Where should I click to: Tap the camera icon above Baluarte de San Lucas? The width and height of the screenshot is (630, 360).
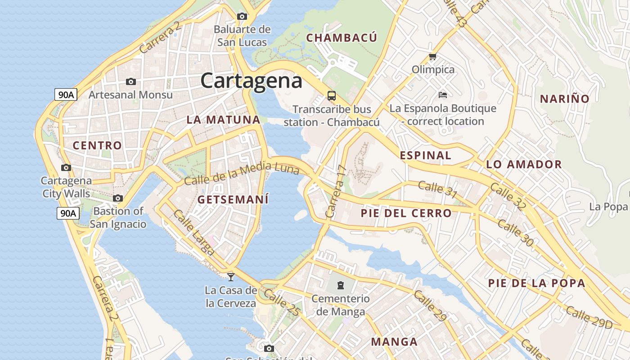(242, 17)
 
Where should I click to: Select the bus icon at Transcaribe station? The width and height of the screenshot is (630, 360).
(332, 95)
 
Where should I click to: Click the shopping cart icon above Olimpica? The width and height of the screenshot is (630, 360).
(433, 56)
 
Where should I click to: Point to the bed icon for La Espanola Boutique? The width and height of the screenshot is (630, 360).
(443, 94)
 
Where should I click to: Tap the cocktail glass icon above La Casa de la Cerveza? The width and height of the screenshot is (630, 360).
(231, 277)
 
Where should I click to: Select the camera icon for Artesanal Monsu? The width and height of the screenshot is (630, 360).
(131, 81)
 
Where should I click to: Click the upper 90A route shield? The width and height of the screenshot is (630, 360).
(66, 94)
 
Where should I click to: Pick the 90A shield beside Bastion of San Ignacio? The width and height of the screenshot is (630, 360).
(68, 213)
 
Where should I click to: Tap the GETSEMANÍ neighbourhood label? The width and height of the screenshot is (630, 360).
(233, 199)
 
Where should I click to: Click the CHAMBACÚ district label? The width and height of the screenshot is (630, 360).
(342, 38)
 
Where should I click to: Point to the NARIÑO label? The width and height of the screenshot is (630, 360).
(564, 99)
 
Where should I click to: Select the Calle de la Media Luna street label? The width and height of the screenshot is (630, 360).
(242, 174)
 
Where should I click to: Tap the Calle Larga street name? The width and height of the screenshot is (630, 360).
(193, 233)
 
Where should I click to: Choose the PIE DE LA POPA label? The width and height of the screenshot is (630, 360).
(537, 283)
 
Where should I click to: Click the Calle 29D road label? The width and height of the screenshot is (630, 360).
(589, 317)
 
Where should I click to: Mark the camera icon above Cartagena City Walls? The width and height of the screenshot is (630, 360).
(66, 168)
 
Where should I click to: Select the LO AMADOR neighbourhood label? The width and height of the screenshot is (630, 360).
(524, 164)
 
